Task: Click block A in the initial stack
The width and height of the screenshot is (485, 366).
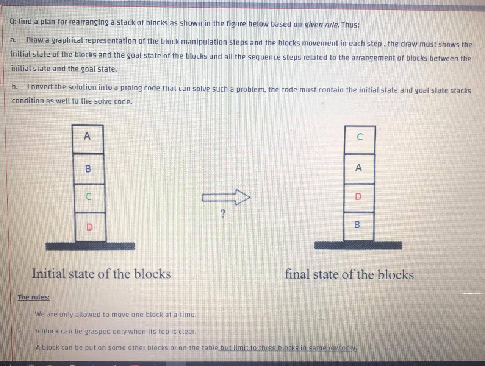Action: [88, 139]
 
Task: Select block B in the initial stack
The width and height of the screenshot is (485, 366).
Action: [88, 169]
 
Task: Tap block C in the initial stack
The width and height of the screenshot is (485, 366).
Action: [89, 198]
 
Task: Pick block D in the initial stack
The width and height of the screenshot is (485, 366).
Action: [90, 227]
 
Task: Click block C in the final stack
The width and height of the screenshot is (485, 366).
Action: [360, 139]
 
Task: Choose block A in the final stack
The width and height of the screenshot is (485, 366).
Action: [359, 168]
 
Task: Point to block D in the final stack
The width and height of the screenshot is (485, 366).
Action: [358, 197]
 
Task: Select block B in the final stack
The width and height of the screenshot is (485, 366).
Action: [358, 226]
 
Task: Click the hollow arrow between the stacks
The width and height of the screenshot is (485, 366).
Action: [226, 197]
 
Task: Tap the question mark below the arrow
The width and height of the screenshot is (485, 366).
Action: [223, 215]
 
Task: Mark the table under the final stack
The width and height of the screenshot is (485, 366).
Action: [358, 246]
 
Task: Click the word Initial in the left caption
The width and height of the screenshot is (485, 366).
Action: [48, 274]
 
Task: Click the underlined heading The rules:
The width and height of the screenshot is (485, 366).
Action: [34, 297]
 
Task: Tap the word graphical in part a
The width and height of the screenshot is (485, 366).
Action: [67, 41]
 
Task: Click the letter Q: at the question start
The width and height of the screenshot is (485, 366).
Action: [13, 22]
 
